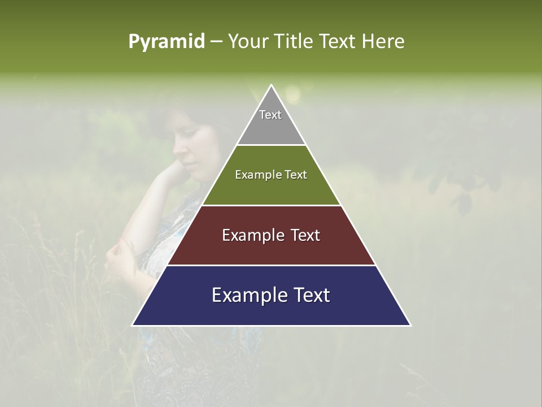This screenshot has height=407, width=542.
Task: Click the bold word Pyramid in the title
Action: [167, 42]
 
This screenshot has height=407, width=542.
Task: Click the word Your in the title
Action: [249, 41]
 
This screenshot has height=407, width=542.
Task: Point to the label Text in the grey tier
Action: [270, 115]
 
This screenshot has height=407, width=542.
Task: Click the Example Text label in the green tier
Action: [271, 175]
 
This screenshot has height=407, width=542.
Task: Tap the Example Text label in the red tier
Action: [271, 235]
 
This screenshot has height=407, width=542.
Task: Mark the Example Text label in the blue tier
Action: [271, 295]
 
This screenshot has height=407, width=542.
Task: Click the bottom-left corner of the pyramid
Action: [134, 324]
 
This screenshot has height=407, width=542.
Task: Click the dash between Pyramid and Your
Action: [216, 42]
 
